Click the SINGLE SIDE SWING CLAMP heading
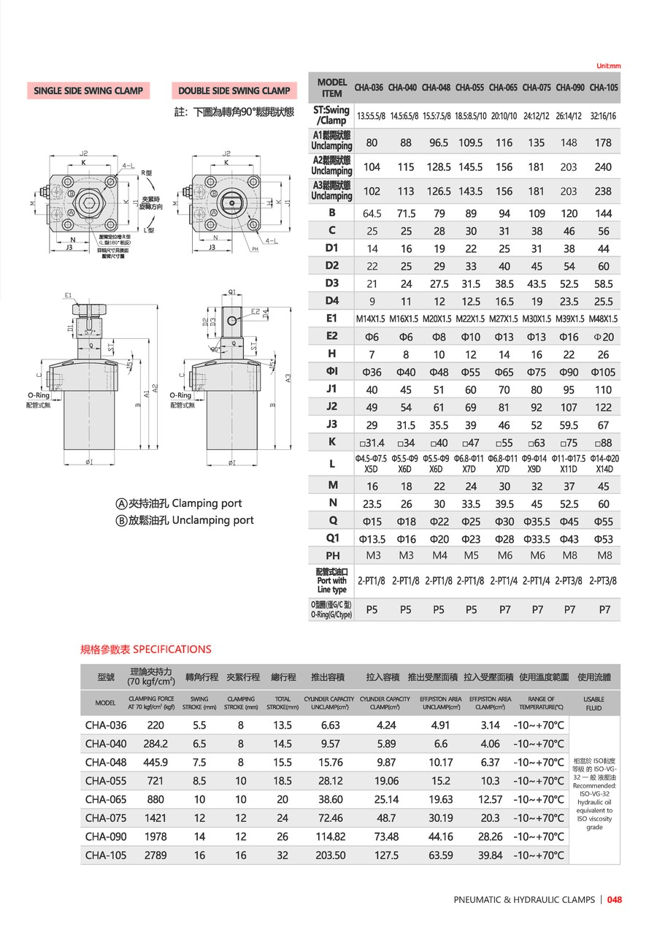88,91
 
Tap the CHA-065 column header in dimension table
503,88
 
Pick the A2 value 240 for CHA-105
603,167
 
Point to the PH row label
331,556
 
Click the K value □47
470,443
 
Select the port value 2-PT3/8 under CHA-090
569,580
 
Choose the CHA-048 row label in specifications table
106,762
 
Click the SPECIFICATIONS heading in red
145,649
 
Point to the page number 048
614,900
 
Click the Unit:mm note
608,66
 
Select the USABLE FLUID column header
593,704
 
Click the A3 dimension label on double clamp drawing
289,378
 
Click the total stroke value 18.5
283,780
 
